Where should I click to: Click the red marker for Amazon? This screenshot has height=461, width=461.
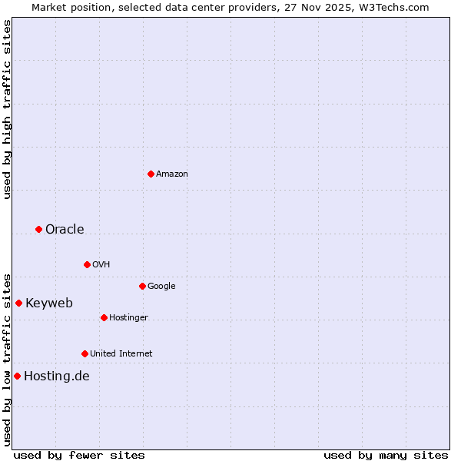(151, 174)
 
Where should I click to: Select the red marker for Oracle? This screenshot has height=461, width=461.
(38, 229)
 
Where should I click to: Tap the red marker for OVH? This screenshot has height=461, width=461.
(87, 264)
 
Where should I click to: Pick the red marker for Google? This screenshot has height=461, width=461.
(142, 286)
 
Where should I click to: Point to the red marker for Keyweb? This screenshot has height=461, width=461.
(18, 303)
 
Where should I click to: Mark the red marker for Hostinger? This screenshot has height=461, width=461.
(104, 317)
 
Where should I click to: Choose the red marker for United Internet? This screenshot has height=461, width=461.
(85, 353)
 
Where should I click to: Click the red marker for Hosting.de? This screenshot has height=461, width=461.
(17, 376)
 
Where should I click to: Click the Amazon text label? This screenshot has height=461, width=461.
(172, 174)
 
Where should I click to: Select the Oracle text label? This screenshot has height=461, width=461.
(65, 229)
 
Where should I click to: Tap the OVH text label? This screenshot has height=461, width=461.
(101, 264)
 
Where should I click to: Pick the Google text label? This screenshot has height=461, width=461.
(161, 286)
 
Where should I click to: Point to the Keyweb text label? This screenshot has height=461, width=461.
(49, 303)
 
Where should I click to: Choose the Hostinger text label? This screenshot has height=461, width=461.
(128, 317)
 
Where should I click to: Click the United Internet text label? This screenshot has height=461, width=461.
(121, 353)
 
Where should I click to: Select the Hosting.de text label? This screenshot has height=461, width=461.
(57, 376)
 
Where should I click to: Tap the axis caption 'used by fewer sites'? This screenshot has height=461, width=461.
(79, 455)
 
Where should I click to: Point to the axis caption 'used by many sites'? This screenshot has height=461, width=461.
(386, 455)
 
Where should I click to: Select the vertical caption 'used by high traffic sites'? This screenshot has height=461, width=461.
(7, 109)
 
